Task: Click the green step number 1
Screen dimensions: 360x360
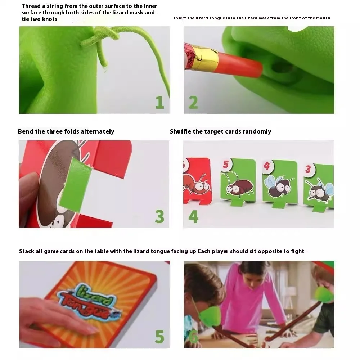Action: coord(160,102)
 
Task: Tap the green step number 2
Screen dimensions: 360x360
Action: coord(193,102)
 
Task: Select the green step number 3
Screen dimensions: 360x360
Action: coord(159,217)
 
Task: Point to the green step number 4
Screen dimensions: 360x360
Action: coord(193,217)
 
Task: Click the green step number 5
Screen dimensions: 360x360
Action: coord(159,337)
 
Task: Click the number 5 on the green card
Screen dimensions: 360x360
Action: coord(226,165)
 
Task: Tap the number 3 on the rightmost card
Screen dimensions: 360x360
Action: coord(308,169)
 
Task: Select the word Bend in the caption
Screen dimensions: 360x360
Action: coord(26,131)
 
